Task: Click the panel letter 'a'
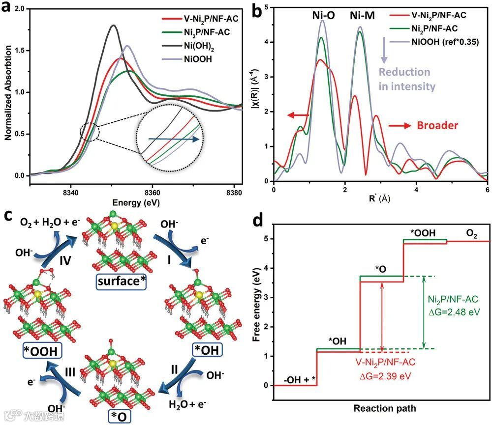point(7,8)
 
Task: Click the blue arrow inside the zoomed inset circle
point(172,140)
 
